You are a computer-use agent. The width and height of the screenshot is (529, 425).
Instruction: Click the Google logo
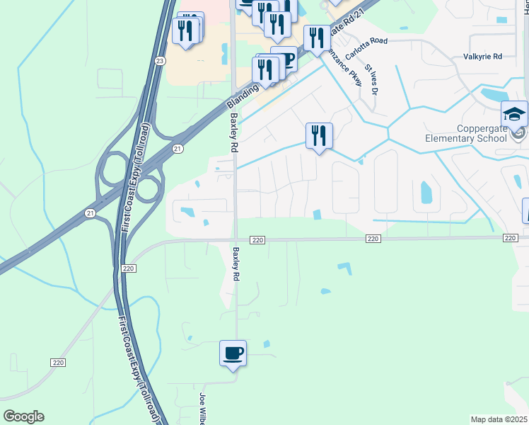click(23, 416)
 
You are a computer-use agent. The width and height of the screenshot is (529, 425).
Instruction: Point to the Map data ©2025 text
click(499, 419)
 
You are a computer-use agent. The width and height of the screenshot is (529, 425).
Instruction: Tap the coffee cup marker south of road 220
click(233, 353)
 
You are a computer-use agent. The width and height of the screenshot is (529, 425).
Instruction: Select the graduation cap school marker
click(514, 115)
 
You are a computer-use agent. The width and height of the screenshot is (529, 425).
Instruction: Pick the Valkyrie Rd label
click(482, 56)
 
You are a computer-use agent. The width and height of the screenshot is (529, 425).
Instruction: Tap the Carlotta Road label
click(366, 41)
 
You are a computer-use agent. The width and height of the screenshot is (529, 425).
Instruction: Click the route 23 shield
click(161, 61)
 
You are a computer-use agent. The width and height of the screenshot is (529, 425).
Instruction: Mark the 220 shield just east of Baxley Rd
click(257, 241)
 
